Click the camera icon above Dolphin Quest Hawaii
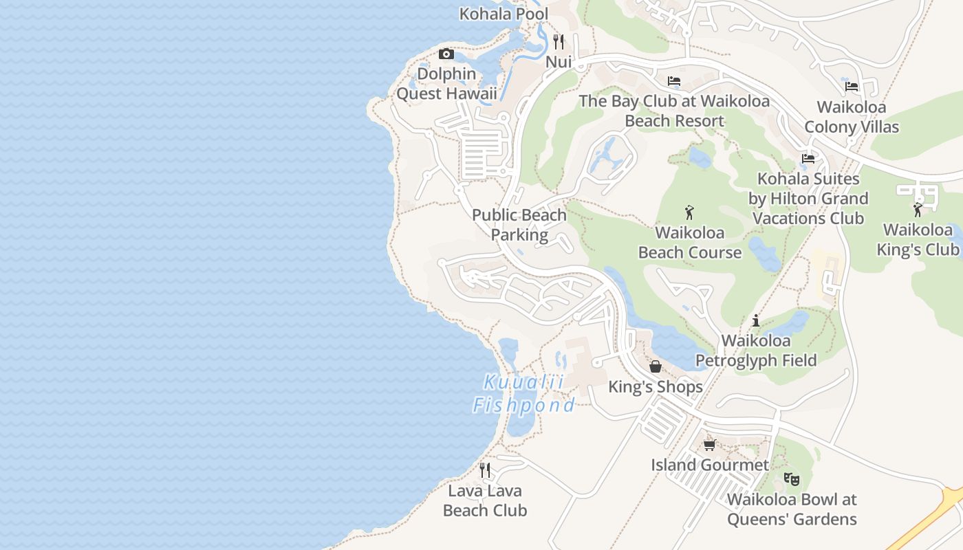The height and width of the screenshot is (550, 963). (x=446, y=54)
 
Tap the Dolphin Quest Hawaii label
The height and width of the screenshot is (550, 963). (x=446, y=83)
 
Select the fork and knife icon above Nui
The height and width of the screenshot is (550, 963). (x=559, y=42)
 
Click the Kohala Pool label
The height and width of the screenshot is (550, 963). (x=504, y=14)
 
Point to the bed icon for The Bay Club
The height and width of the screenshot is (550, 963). (x=674, y=81)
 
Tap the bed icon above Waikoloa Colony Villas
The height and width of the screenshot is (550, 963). (x=852, y=87)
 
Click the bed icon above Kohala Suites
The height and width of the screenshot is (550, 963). (x=808, y=159)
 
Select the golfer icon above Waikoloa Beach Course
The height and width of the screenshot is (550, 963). (x=690, y=212)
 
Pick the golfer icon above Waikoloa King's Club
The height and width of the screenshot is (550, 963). (x=918, y=210)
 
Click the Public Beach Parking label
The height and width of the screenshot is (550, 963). (x=519, y=225)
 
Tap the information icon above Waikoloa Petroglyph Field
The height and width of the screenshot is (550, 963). (x=756, y=320)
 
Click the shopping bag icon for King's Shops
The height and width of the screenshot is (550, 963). (x=656, y=366)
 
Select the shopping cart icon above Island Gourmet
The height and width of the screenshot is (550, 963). (x=710, y=445)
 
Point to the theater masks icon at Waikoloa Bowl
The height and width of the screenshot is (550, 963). (x=792, y=478)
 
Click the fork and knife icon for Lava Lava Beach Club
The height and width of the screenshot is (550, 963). (x=485, y=470)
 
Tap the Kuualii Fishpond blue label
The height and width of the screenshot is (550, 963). (x=523, y=394)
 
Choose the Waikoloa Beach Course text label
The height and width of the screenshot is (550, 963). (x=690, y=242)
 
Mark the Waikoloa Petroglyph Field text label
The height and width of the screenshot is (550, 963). (x=756, y=351)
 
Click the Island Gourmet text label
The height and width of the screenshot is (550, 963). (x=710, y=465)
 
